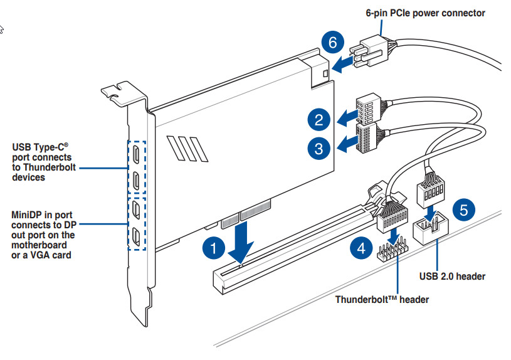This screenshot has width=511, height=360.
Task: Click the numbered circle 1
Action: click(x=214, y=248)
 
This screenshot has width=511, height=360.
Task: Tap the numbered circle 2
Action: click(x=319, y=119)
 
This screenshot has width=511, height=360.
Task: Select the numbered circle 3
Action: click(x=319, y=148)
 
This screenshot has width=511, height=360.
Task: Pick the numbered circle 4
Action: click(x=361, y=248)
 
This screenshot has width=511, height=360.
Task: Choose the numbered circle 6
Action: click(x=334, y=43)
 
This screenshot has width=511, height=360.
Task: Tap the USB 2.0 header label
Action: click(x=452, y=276)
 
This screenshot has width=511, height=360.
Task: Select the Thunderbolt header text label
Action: click(x=382, y=299)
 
